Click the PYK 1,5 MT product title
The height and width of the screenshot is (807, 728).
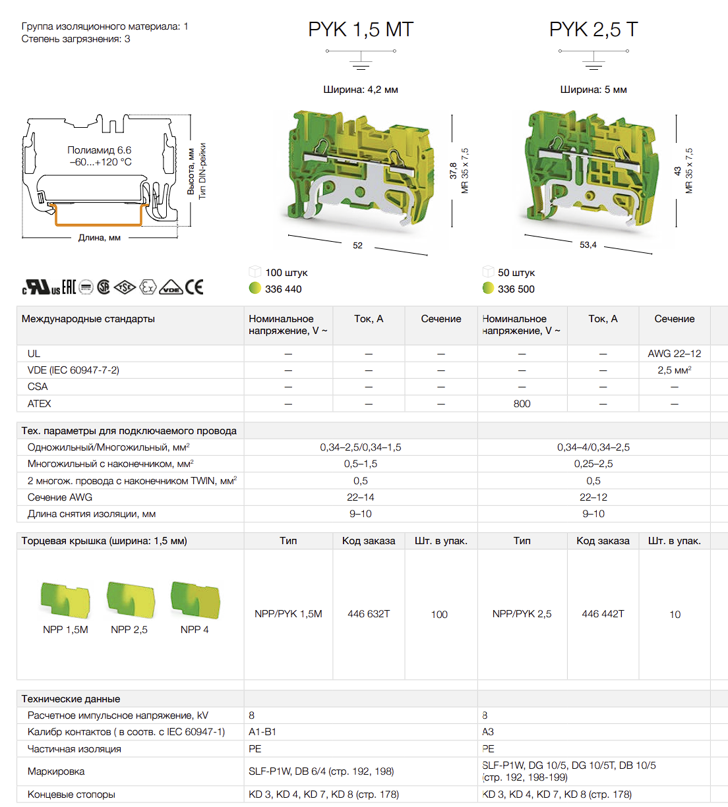361,30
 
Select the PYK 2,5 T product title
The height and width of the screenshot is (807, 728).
593,30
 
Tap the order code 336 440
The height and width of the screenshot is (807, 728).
284,289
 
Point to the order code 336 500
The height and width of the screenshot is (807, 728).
516,289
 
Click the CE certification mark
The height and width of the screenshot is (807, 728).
194,287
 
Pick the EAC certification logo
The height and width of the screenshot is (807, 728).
69,287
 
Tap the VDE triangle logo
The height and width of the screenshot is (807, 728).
171,287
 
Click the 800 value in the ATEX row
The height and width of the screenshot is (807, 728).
522,403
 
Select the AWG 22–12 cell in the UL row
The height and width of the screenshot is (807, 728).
675,354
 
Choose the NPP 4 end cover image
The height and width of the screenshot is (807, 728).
195,600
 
